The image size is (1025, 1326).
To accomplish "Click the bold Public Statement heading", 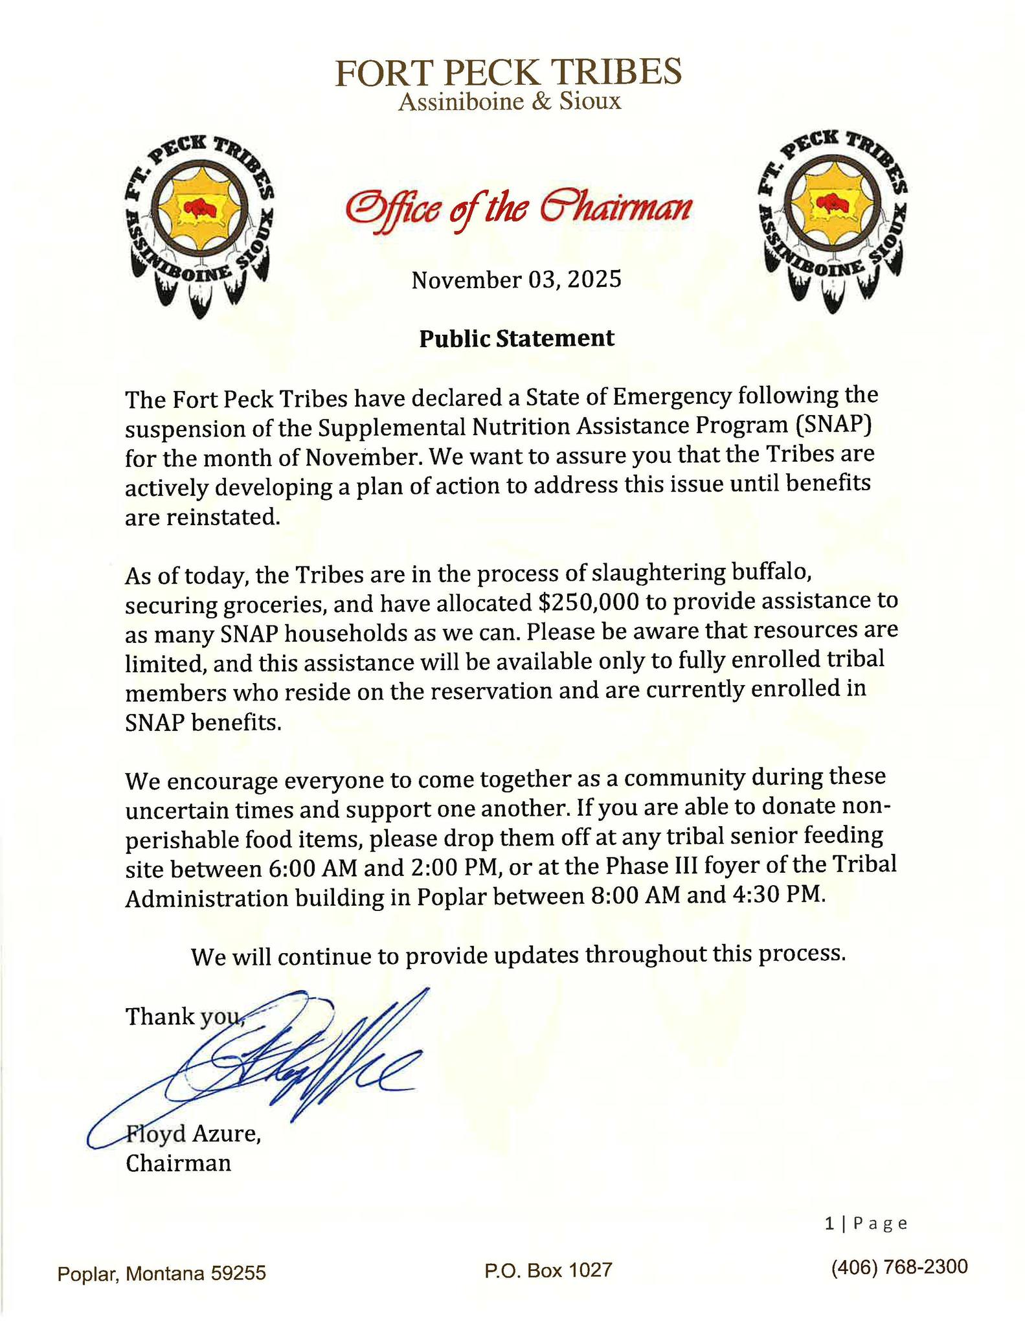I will (x=517, y=338).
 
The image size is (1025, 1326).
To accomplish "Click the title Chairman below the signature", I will (x=179, y=1163).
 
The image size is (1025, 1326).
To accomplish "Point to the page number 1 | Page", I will (x=866, y=1224).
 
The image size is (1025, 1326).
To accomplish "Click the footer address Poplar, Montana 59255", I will (x=162, y=1274).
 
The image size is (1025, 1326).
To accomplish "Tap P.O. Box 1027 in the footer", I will (x=548, y=1270).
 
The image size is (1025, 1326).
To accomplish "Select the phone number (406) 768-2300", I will (x=899, y=1266).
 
